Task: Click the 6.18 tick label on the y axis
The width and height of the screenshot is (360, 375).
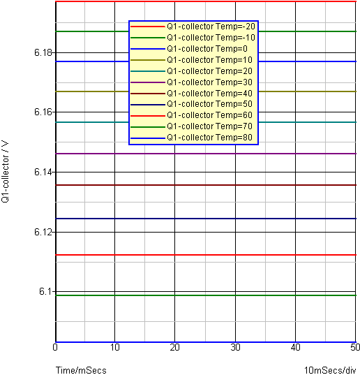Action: tap(43, 52)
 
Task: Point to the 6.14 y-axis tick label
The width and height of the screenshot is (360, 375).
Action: tap(43, 172)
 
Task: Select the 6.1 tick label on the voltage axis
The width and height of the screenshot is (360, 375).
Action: tap(45, 291)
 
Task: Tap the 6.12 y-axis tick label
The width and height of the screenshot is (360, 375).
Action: tap(43, 232)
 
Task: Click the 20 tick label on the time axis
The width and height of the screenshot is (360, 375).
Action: tap(174, 348)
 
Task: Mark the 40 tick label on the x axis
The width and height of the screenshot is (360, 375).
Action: tap(296, 348)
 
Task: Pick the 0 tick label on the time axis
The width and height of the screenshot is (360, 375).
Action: tap(55, 348)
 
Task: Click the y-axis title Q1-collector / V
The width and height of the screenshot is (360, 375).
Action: tap(5, 172)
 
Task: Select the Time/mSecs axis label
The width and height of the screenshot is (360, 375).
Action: tap(81, 370)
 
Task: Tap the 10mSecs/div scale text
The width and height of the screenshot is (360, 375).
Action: tap(330, 370)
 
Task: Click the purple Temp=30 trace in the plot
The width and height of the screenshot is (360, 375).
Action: tap(206, 154)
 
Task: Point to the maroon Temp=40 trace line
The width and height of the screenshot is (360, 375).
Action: tap(206, 185)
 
